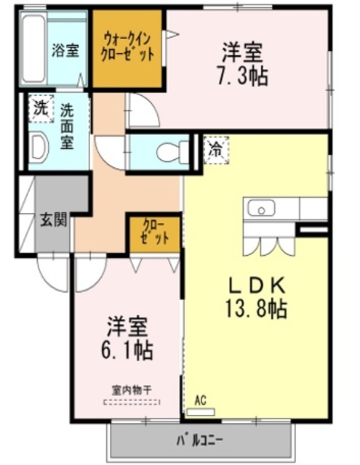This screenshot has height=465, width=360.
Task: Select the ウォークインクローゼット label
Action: pyautogui.click(x=127, y=47)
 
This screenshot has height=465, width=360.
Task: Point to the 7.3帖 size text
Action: pyautogui.click(x=243, y=76)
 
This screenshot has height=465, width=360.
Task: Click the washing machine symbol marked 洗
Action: pyautogui.click(x=41, y=109)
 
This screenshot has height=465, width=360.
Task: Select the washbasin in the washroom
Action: pyautogui.click(x=39, y=147)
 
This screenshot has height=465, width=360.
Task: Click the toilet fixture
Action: pyautogui.click(x=172, y=152)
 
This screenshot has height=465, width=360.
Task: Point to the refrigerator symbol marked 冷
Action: pyautogui.click(x=216, y=150)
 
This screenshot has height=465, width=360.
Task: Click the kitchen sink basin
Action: pyautogui.click(x=262, y=208)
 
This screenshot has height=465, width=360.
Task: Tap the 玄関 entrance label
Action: pyautogui.click(x=53, y=219)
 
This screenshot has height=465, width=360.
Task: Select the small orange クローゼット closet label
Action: pyautogui.click(x=155, y=232)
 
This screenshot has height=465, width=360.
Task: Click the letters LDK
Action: pyautogui.click(x=257, y=286)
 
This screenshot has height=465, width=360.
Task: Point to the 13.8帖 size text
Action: pyautogui.click(x=257, y=308)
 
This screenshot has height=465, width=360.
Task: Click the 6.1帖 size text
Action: pyautogui.click(x=127, y=350)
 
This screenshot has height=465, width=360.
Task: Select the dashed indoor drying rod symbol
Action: pyautogui.click(x=132, y=403)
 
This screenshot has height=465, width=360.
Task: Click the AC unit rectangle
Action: pyautogui.click(x=201, y=412)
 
